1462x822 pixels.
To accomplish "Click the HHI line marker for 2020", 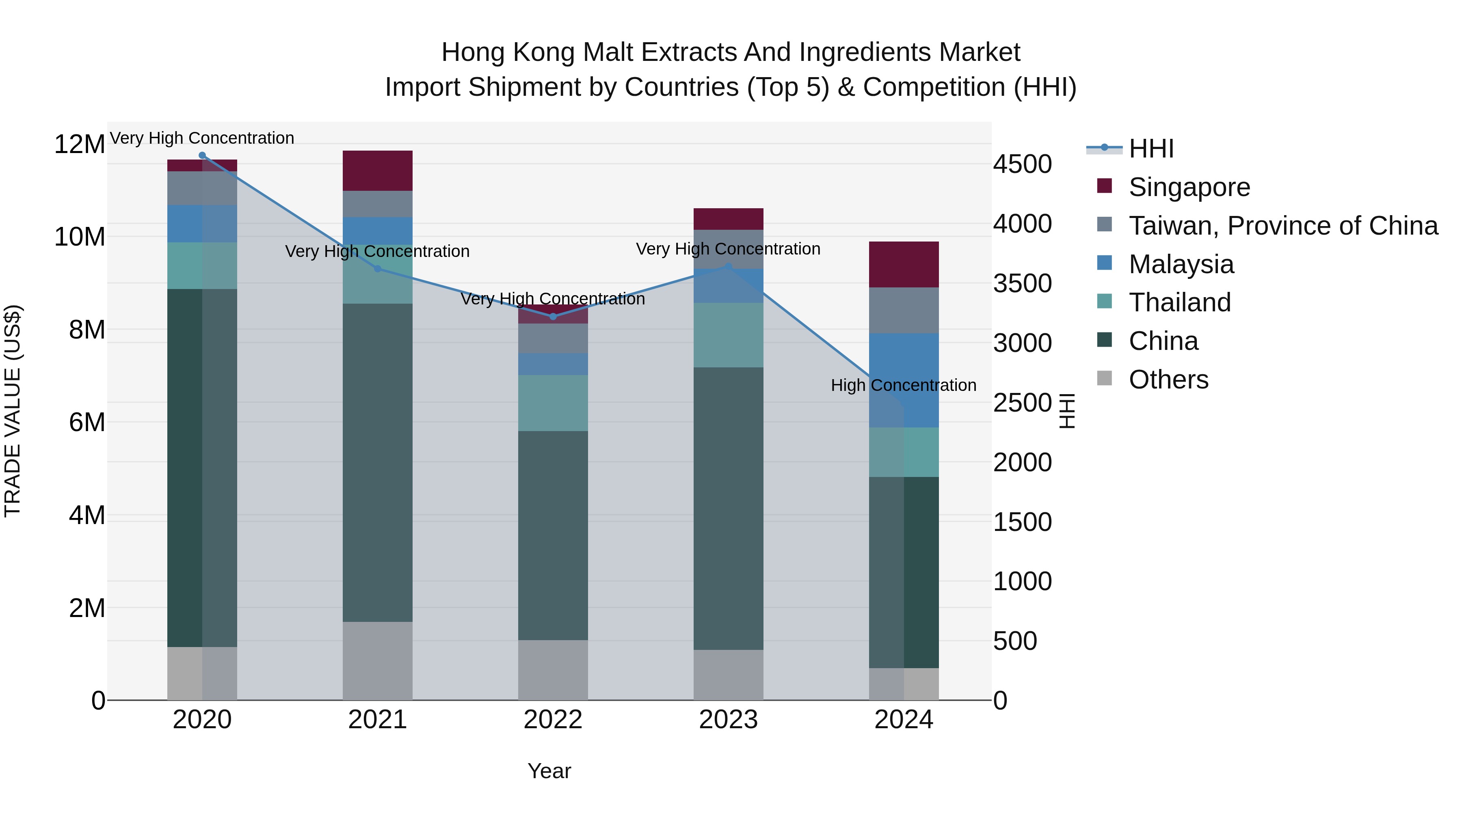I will click(202, 155).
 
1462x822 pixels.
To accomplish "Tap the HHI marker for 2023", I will click(728, 267).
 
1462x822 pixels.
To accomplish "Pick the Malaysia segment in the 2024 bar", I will click(904, 380).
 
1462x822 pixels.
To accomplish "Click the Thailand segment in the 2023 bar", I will click(728, 335).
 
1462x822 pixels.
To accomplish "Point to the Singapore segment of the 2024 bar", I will click(904, 264).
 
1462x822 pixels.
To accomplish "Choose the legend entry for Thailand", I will click(1179, 302).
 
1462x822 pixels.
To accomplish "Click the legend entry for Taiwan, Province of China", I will click(1282, 226).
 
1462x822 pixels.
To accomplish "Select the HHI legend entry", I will click(1151, 149).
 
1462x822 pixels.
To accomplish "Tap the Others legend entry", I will click(1168, 380).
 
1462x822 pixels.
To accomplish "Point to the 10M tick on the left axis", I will click(80, 237).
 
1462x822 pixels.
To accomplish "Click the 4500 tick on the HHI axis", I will click(1022, 164).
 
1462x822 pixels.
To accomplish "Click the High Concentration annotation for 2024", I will click(904, 385).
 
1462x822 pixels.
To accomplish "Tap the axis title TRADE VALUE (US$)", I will click(13, 411).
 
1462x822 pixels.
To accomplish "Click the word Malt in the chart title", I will click(610, 52).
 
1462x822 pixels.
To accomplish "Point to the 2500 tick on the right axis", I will click(1022, 403).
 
